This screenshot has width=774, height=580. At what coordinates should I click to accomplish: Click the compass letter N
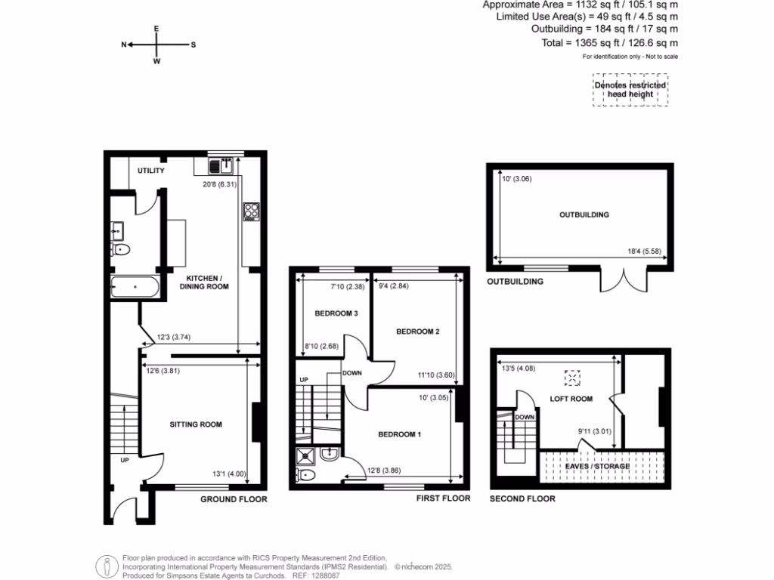pos(124,45)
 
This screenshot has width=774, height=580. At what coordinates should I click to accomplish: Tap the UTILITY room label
pos(151,171)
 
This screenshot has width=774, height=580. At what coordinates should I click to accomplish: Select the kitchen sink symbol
pos(220,165)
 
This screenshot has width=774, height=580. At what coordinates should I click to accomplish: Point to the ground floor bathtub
pos(135,287)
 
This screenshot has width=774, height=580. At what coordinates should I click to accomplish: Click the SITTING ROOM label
pos(196,424)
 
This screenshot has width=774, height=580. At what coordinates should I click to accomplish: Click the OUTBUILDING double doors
pos(618,280)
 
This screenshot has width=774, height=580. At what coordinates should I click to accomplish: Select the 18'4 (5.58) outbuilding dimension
pos(640,251)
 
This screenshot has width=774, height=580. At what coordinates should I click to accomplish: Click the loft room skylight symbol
pos(574,377)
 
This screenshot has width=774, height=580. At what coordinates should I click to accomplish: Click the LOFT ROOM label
pos(571,399)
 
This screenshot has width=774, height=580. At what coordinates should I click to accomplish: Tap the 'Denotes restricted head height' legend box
pos(630,90)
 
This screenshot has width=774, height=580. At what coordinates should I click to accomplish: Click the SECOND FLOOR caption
pos(522,498)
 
